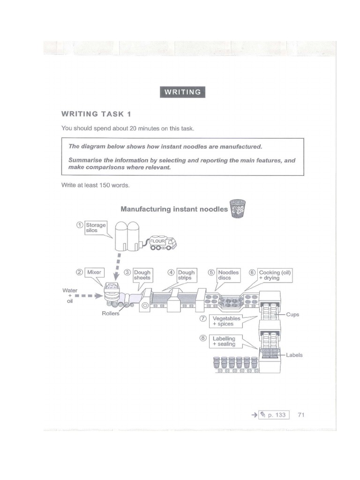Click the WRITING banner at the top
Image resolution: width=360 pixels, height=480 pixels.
point(182,92)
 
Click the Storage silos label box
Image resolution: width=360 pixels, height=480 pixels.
point(96,228)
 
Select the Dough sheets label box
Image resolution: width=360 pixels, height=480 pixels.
point(142,275)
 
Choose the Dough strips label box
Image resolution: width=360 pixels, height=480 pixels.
point(186,275)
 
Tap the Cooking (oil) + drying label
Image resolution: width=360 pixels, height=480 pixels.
point(275,275)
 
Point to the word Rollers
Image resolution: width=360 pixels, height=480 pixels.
point(111,314)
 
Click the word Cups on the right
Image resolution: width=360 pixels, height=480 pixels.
point(292,315)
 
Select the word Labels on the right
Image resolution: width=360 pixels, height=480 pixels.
point(294,355)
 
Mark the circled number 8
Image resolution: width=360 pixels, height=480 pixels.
point(202,338)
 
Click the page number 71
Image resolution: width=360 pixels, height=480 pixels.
point(301,415)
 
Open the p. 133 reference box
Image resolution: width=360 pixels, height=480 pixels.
point(273,415)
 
